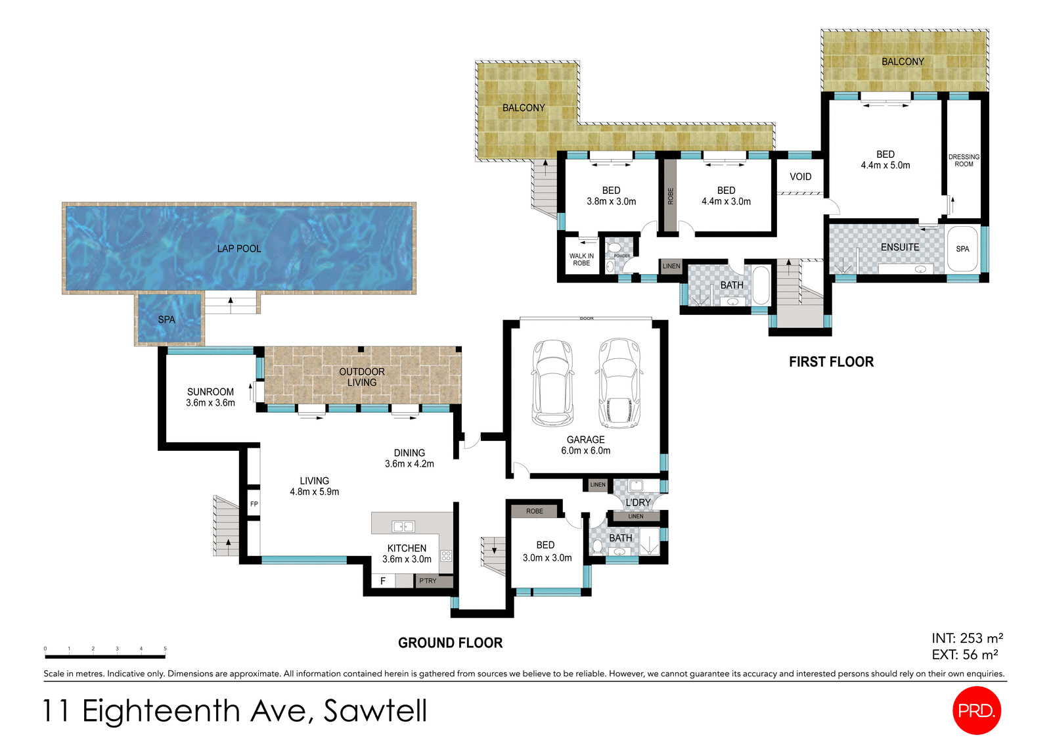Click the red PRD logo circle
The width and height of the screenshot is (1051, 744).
[976, 710]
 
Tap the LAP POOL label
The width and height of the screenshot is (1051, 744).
[239, 248]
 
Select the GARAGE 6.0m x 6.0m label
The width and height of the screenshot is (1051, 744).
[585, 445]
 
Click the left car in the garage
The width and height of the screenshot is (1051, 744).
[552, 383]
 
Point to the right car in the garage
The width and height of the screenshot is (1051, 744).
[618, 383]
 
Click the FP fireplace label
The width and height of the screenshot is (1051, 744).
[254, 504]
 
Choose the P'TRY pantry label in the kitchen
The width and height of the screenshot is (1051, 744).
[428, 581]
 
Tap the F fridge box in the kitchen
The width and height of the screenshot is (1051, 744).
[383, 581]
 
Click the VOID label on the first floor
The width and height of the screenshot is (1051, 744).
[800, 177]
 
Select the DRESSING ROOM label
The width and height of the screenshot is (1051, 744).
[964, 160]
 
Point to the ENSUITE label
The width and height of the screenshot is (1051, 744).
[900, 247]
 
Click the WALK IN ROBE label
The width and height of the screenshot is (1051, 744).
[581, 260]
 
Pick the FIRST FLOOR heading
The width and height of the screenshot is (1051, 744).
[831, 361]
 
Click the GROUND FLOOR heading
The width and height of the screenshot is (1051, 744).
[450, 643]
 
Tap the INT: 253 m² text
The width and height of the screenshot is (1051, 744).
[967, 638]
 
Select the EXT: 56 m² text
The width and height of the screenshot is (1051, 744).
[965, 655]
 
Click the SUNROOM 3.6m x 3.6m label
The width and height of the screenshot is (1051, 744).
[210, 397]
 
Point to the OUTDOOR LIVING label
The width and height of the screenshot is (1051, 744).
[362, 377]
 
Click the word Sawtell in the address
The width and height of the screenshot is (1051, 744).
[375, 711]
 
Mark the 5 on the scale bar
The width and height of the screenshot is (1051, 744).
[165, 649]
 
